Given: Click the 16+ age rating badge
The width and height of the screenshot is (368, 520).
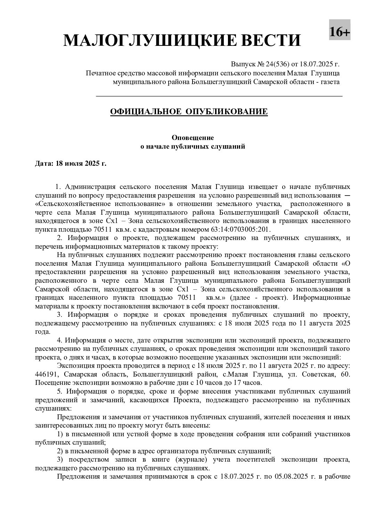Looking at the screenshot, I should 340,32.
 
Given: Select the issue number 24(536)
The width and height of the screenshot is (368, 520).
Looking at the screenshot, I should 278,64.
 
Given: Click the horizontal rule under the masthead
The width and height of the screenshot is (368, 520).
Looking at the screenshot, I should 219,96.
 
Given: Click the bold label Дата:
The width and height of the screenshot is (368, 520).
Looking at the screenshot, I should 44,163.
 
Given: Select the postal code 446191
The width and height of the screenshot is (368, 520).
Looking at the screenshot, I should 46,374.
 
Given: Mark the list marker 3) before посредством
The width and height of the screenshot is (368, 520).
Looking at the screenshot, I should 60,460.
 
